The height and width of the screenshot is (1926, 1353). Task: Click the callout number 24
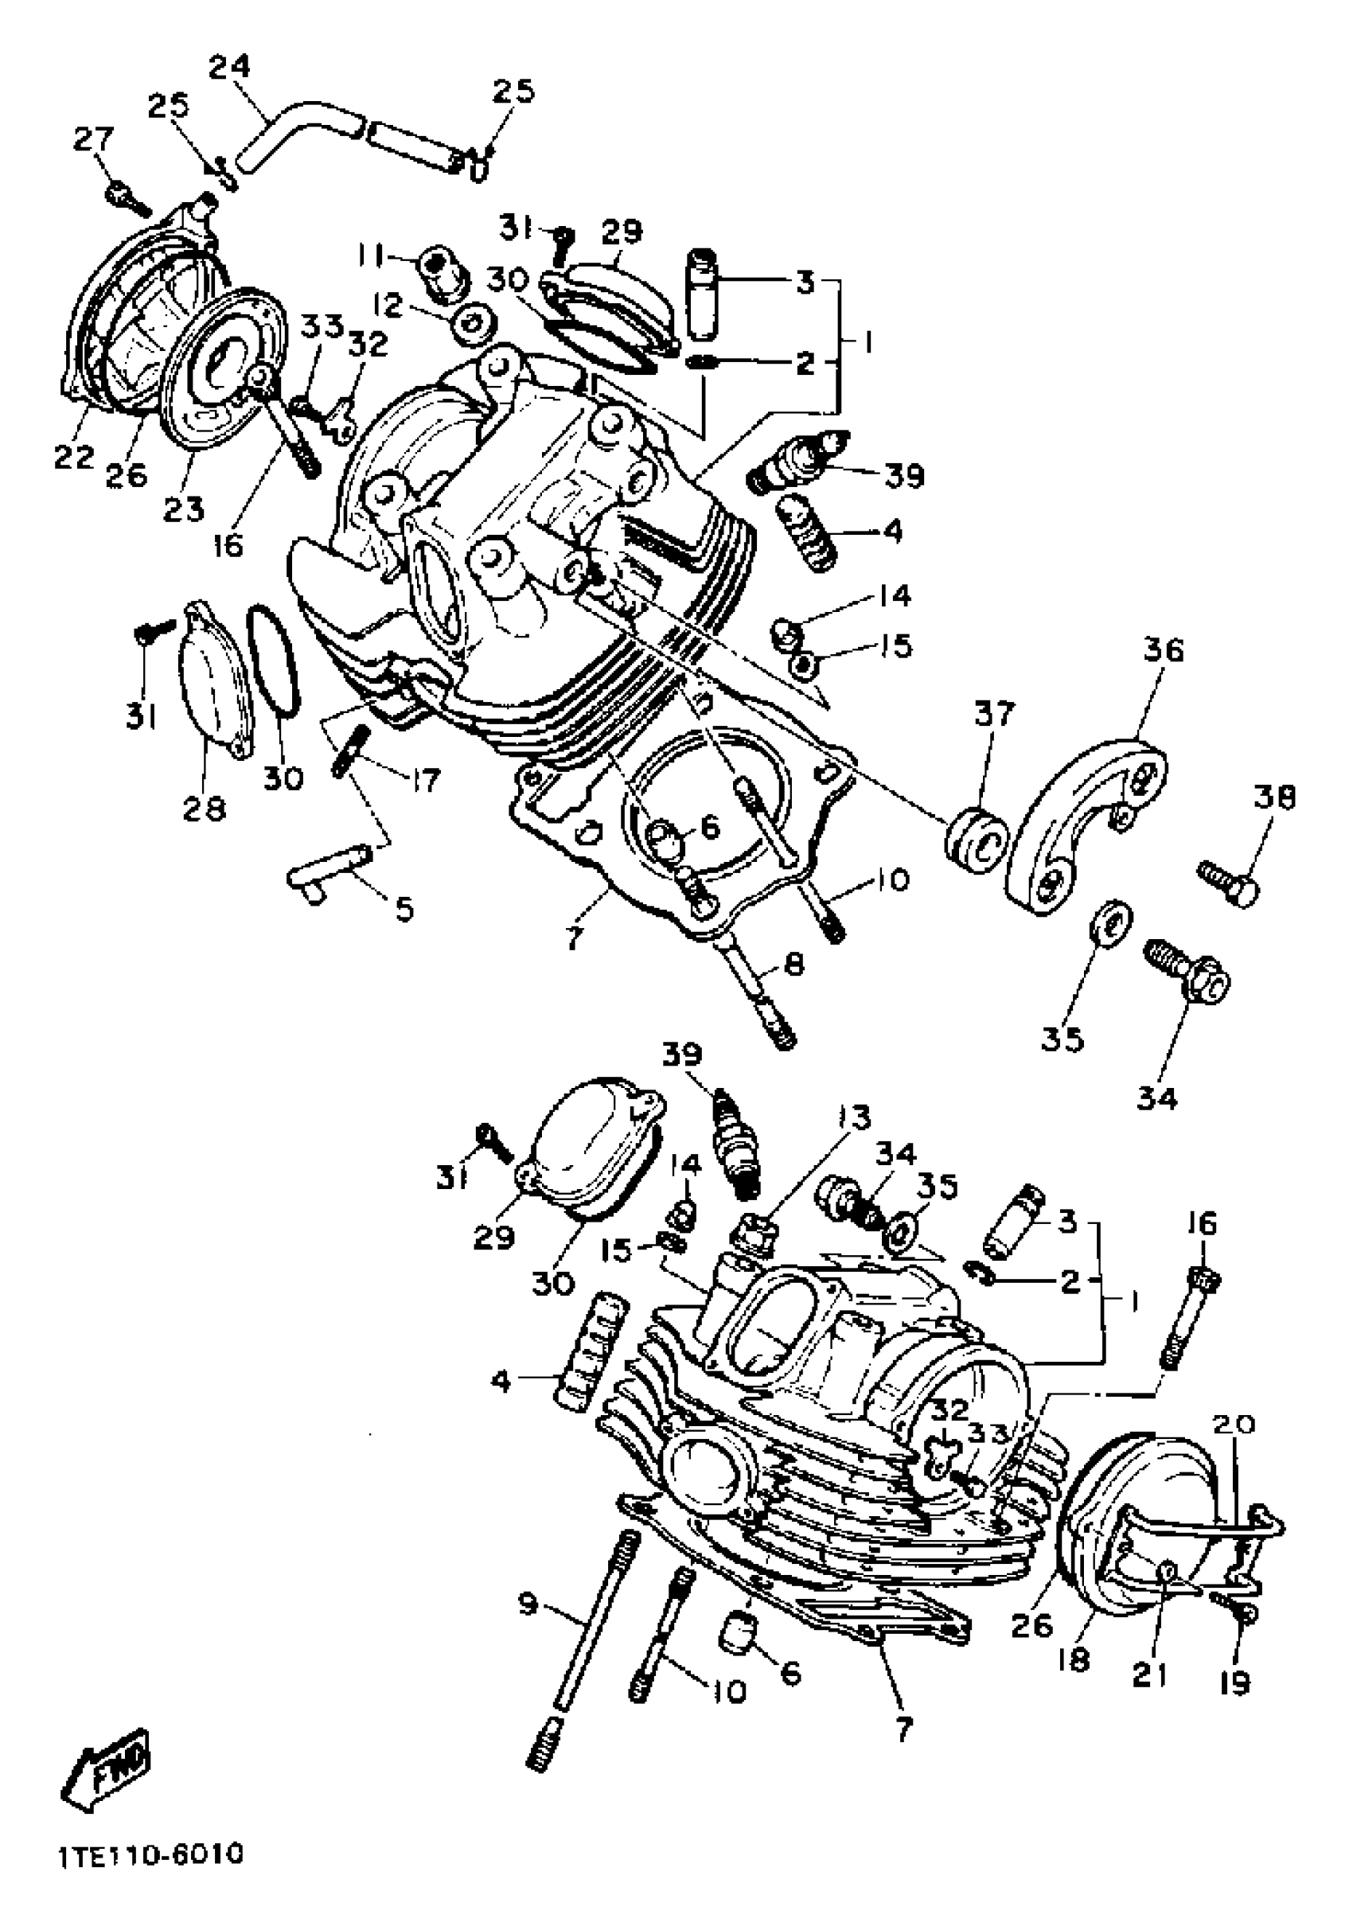pyautogui.click(x=229, y=66)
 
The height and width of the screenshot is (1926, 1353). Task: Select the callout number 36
pyautogui.click(x=1162, y=651)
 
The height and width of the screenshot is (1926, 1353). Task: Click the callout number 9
pyautogui.click(x=527, y=1604)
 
